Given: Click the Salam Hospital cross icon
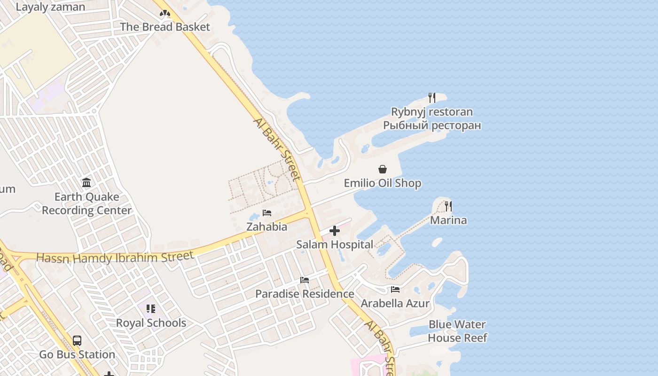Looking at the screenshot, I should pos(335,231).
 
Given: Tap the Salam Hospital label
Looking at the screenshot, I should pos(335,244).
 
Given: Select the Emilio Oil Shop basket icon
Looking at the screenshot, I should pos(383,169).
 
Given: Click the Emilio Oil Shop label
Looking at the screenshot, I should pos(383,183).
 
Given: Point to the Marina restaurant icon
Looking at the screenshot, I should pos(448,206).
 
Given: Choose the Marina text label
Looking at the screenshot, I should pos(448,220).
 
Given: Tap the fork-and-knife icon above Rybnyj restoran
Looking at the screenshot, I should pos(431,98).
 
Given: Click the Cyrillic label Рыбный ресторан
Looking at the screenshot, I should pos(431,125).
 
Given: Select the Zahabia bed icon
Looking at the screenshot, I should pos(267,213).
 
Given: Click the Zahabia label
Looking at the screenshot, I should pos(267,227).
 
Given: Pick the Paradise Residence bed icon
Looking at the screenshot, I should pos(305,280).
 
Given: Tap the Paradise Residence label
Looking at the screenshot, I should pos(305,294).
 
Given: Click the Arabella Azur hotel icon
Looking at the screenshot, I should pos(395,290).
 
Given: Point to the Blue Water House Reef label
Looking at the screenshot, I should pos(457,331).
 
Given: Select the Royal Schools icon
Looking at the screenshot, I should pos(151,309).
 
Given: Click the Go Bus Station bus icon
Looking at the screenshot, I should pos(77,341).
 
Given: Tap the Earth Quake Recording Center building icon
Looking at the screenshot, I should pos(86,182).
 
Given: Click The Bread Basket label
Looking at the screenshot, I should pos(165,27).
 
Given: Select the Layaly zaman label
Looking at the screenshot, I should pos(50,7).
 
